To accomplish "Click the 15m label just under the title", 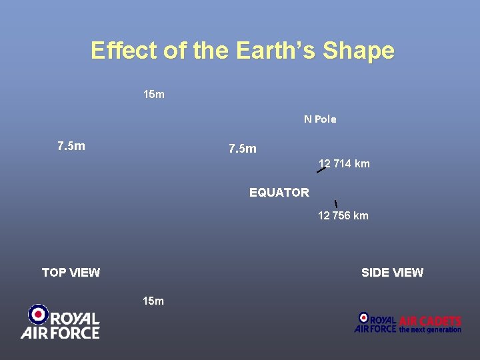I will [154, 95].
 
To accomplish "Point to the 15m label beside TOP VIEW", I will [153, 301].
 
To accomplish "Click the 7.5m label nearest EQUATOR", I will [242, 149].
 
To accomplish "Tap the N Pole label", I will [320, 119].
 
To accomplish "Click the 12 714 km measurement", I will [344, 164].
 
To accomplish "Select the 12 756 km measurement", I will [343, 215].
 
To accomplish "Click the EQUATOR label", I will [279, 193].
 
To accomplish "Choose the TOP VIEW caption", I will [71, 272].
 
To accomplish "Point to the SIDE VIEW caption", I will [392, 272].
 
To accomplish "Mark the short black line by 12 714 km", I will [321, 170].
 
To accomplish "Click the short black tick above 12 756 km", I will [335, 203].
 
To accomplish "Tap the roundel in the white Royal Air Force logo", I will [38, 314].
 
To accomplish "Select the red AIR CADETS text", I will [430, 321].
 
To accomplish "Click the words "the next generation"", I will [430, 329].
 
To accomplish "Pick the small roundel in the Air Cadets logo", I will [363, 318].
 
